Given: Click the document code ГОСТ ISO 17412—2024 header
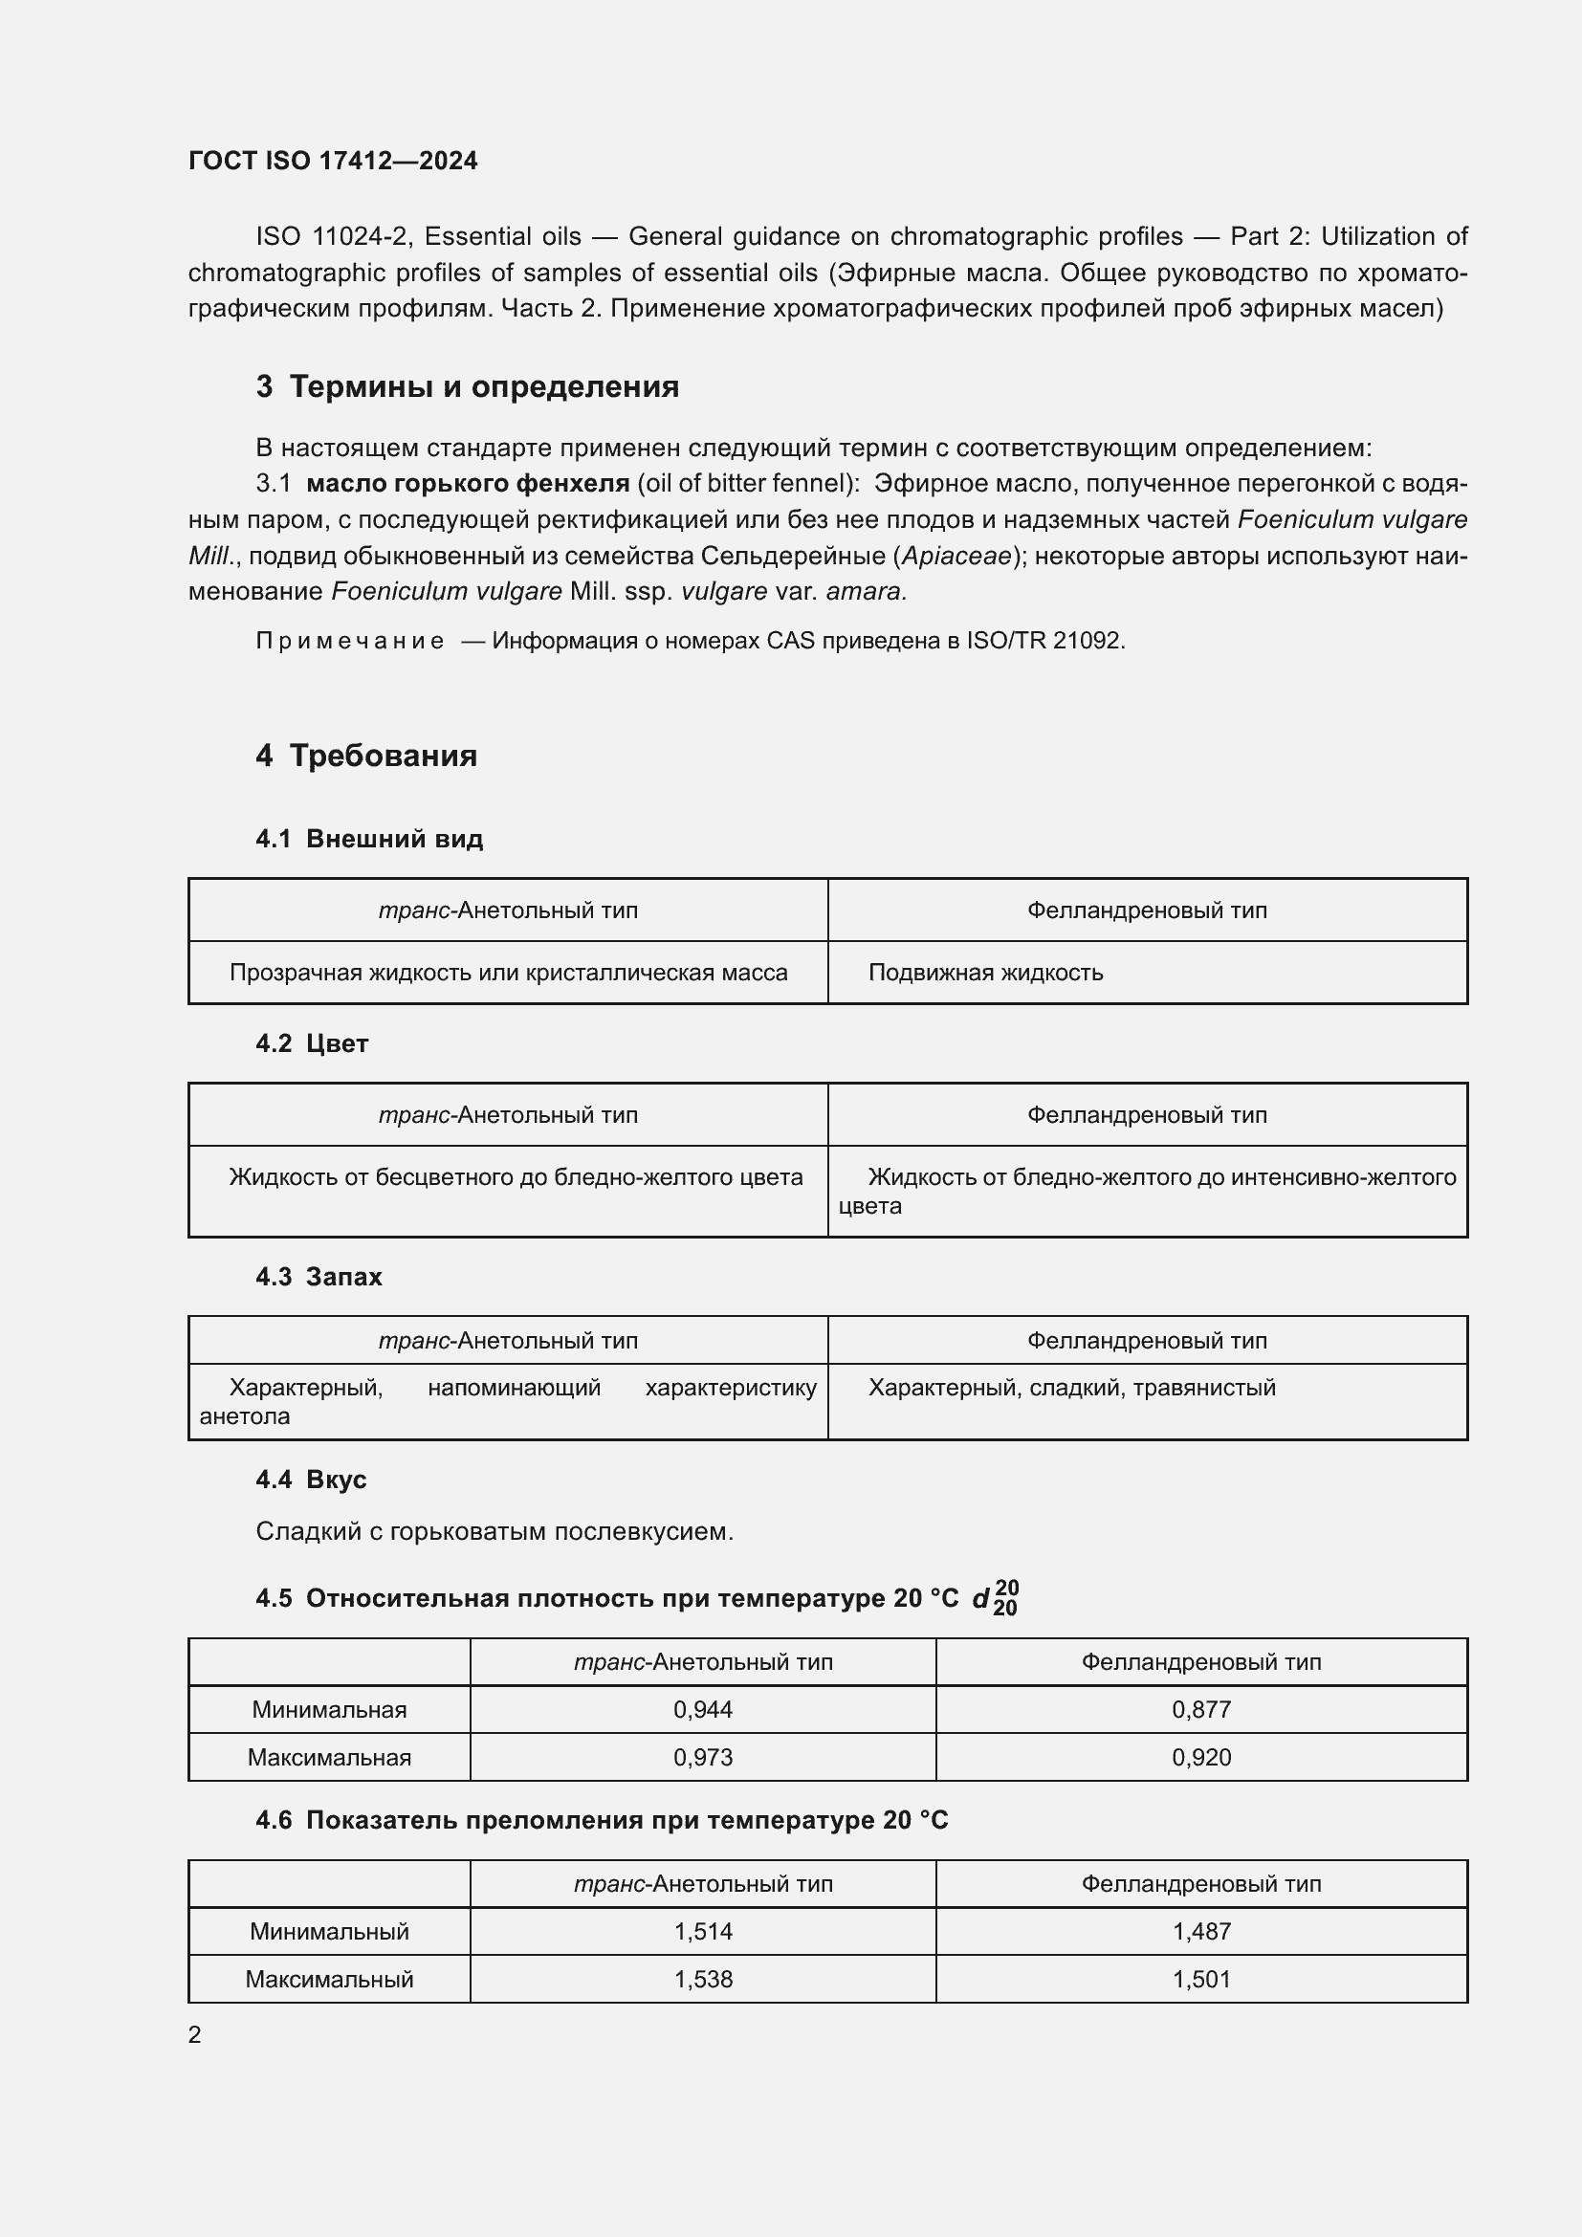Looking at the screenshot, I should click(332, 161).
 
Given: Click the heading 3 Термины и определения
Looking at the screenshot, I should click(468, 386).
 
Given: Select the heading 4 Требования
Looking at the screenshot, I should click(366, 756).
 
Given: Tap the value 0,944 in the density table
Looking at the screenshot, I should click(702, 1709).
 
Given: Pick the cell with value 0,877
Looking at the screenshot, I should click(1201, 1709).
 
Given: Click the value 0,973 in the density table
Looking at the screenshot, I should click(702, 1757).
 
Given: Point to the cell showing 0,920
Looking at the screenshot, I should click(1201, 1757).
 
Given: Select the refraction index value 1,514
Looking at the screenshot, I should click(702, 1931).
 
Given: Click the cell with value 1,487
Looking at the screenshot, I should click(1201, 1931).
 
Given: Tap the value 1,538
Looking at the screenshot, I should click(702, 1979).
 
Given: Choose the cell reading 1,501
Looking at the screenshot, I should click(1201, 1979).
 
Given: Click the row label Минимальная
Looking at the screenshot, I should click(329, 1709).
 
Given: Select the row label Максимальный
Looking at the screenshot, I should click(329, 1979).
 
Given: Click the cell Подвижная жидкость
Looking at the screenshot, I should click(985, 973).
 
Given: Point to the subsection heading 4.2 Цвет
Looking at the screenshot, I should click(312, 1043).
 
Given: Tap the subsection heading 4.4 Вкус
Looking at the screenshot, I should click(311, 1479).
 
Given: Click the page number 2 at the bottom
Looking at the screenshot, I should click(195, 2034).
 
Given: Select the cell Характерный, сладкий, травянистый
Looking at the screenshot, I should click(1071, 1388).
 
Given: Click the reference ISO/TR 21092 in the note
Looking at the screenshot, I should click(1044, 641).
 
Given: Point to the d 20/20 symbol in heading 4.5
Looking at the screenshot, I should click(995, 1599).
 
